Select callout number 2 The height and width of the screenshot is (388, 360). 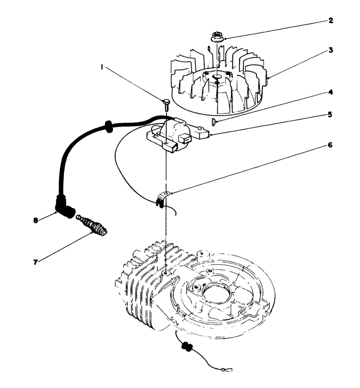[330, 20]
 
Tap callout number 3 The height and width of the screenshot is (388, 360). [330, 50]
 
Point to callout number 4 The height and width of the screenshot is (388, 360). [330, 92]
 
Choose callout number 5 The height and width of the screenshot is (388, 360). [330, 115]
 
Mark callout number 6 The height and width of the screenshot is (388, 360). [330, 145]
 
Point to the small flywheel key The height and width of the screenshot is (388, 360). [213, 120]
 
